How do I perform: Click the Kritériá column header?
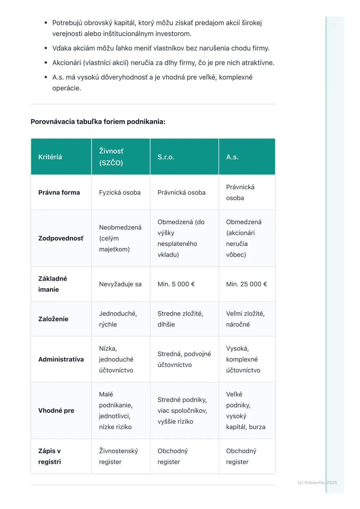pos(50,157)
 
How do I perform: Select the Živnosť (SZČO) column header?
pos(111,157)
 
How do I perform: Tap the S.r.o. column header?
pos(166,157)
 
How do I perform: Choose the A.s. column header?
pos(232,157)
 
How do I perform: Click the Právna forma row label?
pos(59,193)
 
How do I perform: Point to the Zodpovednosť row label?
pos(61,238)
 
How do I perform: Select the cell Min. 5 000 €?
pos(176,284)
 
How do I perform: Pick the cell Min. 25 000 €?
pos(247,284)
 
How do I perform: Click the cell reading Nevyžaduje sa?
pos(120,284)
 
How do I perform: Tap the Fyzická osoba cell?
pos(120,193)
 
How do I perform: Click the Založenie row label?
pos(53,319)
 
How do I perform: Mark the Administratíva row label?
pos(61,359)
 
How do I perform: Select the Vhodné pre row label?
pos(56,410)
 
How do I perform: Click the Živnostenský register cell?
pos(118,456)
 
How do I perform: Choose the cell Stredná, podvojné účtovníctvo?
pos(184,359)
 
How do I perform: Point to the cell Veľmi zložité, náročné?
pos(245,319)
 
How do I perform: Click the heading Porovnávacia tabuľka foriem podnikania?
pos(98,122)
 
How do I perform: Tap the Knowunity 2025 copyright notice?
pos(317,482)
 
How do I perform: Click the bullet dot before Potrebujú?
pos(46,23)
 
